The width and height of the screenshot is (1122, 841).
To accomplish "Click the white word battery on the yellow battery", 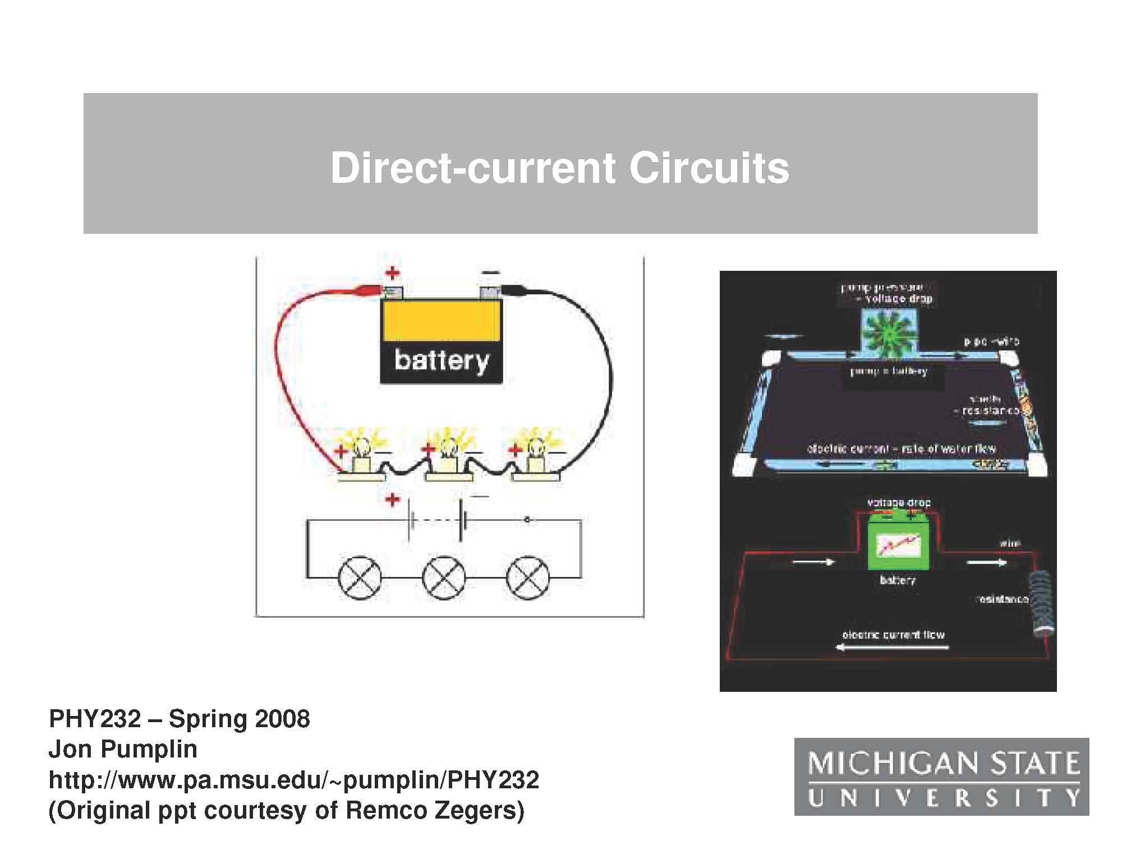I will tap(442, 360).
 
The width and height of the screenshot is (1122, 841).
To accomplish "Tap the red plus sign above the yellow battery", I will tap(392, 273).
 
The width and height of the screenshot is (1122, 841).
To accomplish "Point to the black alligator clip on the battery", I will tap(512, 290).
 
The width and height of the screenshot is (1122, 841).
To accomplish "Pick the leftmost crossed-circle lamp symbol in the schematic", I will tap(360, 577).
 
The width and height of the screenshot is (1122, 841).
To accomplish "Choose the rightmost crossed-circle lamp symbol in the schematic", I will tap(528, 577).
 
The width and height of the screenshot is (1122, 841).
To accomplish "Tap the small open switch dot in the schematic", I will tap(526, 521).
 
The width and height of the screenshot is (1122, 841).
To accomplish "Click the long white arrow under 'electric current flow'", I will tap(892, 648).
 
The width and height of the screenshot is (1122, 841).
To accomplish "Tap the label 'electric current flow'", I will tap(893, 635).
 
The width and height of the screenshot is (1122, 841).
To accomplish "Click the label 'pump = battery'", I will tap(889, 371).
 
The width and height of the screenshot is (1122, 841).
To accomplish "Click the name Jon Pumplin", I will tap(123, 749).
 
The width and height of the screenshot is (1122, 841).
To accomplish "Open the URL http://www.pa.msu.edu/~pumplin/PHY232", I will tap(294, 779).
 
